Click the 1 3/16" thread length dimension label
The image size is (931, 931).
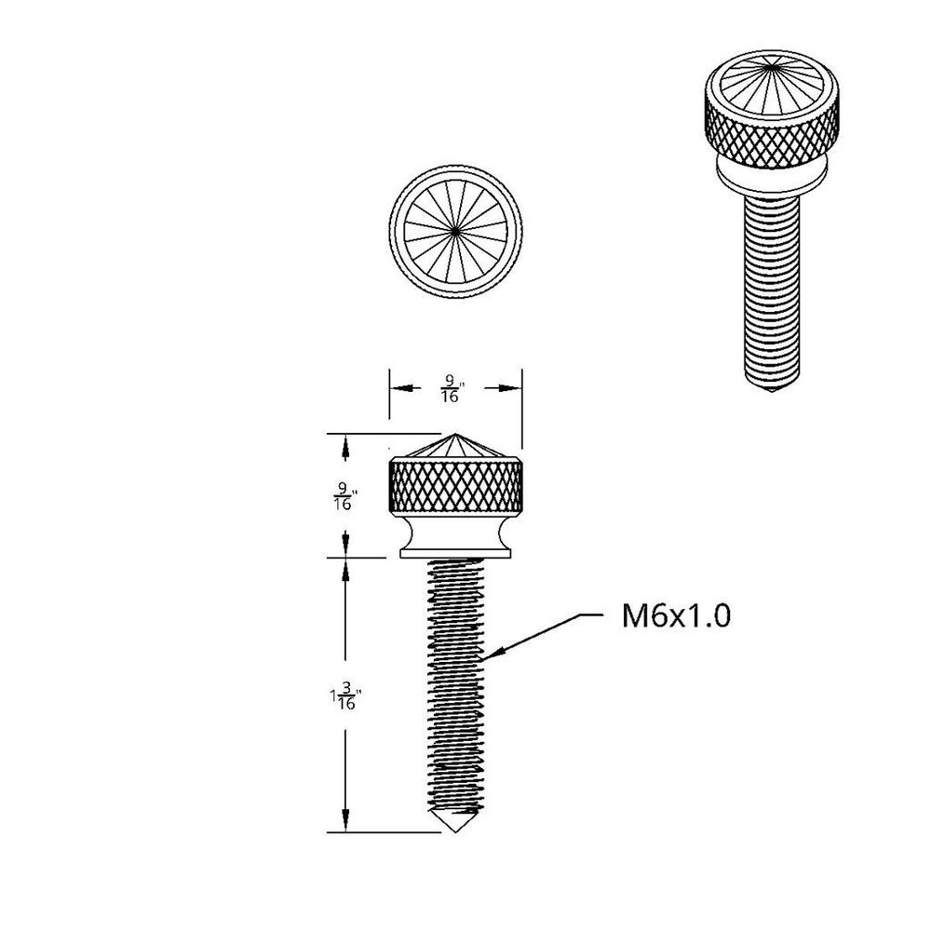[x=344, y=696]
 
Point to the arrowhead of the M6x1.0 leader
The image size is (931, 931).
[x=489, y=655]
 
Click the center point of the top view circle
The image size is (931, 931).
[x=456, y=228]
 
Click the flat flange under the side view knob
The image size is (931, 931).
[x=455, y=553]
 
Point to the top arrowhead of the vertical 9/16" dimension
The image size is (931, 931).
[x=346, y=442]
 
